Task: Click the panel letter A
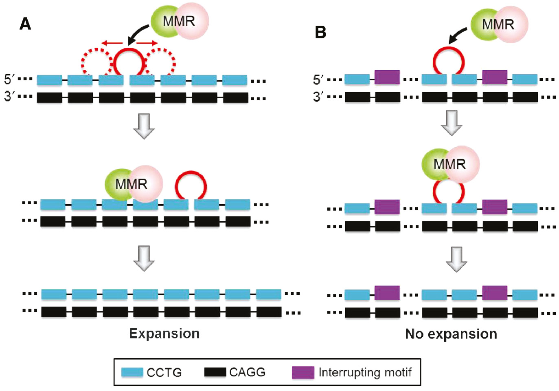pyautogui.click(x=25, y=24)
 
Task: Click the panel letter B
pyautogui.click(x=320, y=32)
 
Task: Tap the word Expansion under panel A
pyautogui.click(x=164, y=334)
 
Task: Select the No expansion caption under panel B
pyautogui.click(x=451, y=334)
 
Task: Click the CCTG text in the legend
pyautogui.click(x=164, y=373)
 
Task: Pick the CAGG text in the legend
pyautogui.click(x=247, y=372)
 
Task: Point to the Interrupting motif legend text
pyautogui.click(x=365, y=372)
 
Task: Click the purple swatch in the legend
pyautogui.click(x=303, y=373)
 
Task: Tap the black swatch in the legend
pyautogui.click(x=215, y=372)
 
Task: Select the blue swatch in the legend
pyautogui.click(x=132, y=373)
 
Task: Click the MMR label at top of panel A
pyautogui.click(x=179, y=21)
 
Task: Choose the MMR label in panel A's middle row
pyautogui.click(x=131, y=184)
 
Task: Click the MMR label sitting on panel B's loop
pyautogui.click(x=449, y=164)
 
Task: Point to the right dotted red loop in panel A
pyautogui.click(x=161, y=62)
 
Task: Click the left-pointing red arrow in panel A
pyautogui.click(x=112, y=43)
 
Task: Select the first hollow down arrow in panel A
pyautogui.click(x=144, y=126)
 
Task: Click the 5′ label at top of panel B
pyautogui.click(x=318, y=80)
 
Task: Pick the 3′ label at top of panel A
pyautogui.click(x=9, y=97)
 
